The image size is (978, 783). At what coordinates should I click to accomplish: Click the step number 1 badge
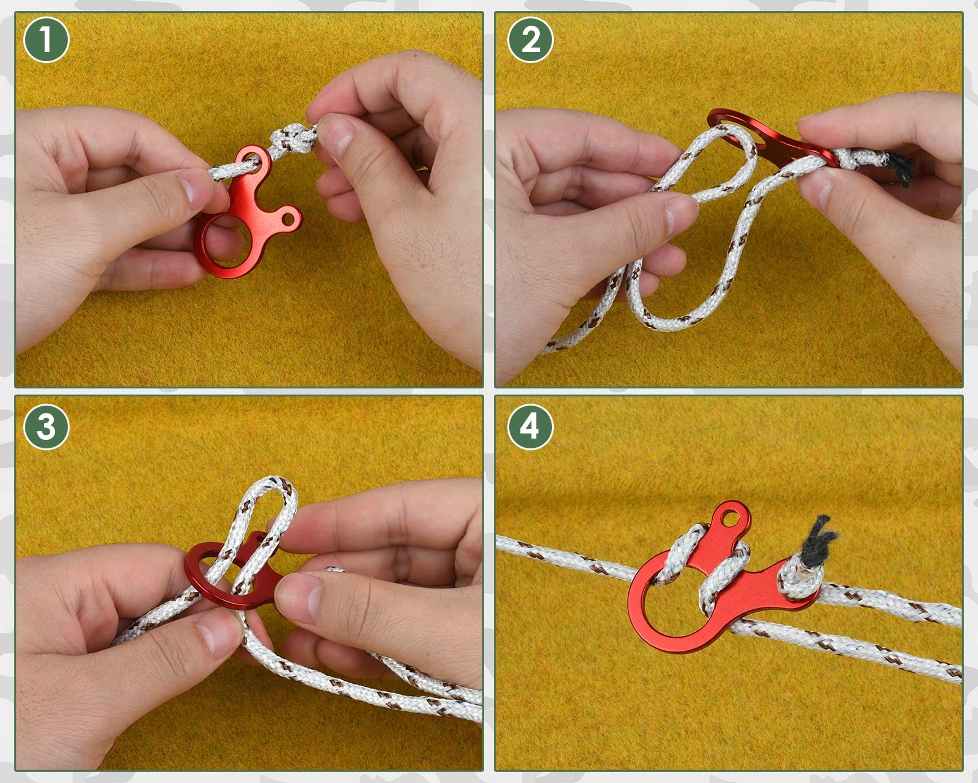tap(46, 40)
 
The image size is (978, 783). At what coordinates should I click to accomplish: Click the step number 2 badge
tap(530, 40)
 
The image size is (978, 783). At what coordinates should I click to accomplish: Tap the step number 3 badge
tap(46, 426)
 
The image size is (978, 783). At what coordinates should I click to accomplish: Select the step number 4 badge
tap(530, 426)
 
